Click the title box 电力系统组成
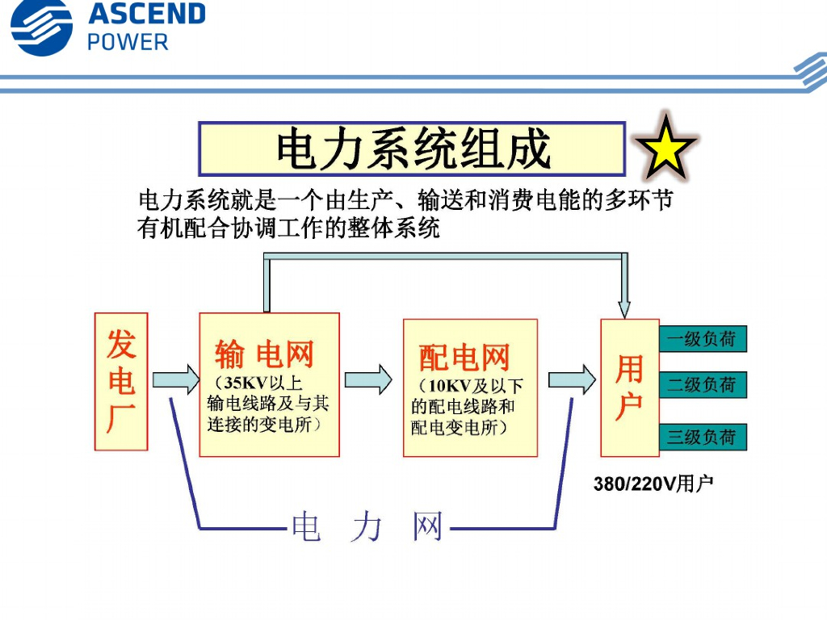click(x=413, y=149)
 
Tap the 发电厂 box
click(x=121, y=381)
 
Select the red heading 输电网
click(x=264, y=354)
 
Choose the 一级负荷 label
click(x=702, y=339)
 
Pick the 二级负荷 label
click(x=702, y=385)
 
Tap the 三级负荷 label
click(x=702, y=437)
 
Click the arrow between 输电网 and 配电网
click(x=368, y=379)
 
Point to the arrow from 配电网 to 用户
click(x=571, y=379)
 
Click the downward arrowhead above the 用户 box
click(x=624, y=308)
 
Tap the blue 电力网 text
click(x=367, y=527)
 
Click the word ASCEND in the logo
click(x=146, y=14)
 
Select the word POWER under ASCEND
click(x=128, y=42)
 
